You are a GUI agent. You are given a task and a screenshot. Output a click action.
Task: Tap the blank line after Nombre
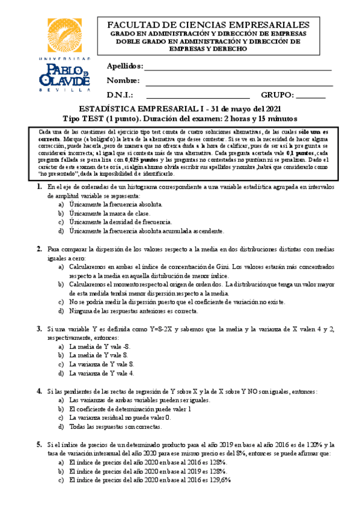[238, 84]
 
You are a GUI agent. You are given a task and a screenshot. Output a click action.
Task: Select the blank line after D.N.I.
[198, 98]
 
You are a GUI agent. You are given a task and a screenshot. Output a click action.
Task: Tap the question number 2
[38, 248]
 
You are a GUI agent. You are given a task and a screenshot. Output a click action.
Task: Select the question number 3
[38, 329]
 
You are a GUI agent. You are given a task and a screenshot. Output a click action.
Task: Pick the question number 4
[38, 391]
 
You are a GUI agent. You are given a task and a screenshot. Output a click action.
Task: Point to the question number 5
[38, 444]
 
